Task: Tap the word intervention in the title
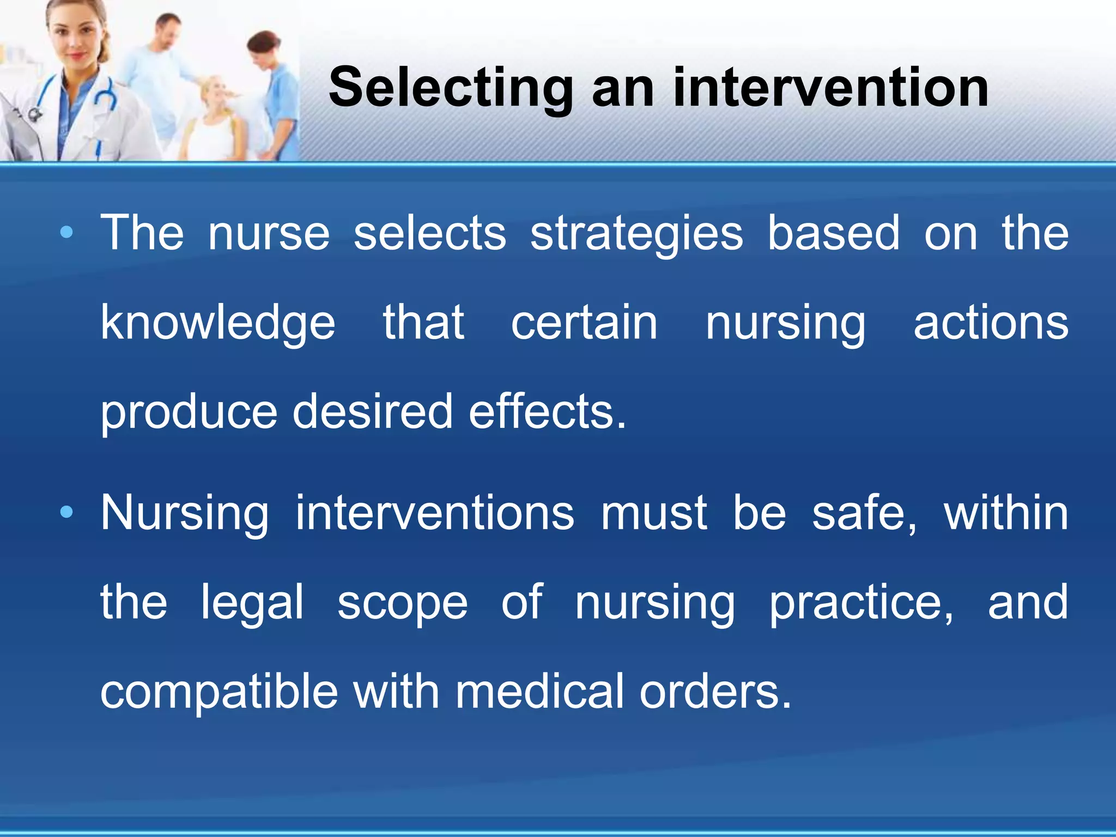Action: click(830, 87)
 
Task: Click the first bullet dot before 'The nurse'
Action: click(66, 233)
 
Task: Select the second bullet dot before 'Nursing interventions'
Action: click(66, 512)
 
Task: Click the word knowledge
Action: click(217, 324)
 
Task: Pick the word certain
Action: click(584, 323)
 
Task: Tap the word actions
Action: click(991, 323)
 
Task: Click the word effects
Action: click(547, 411)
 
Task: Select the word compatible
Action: click(219, 692)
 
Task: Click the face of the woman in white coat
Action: click(76, 38)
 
